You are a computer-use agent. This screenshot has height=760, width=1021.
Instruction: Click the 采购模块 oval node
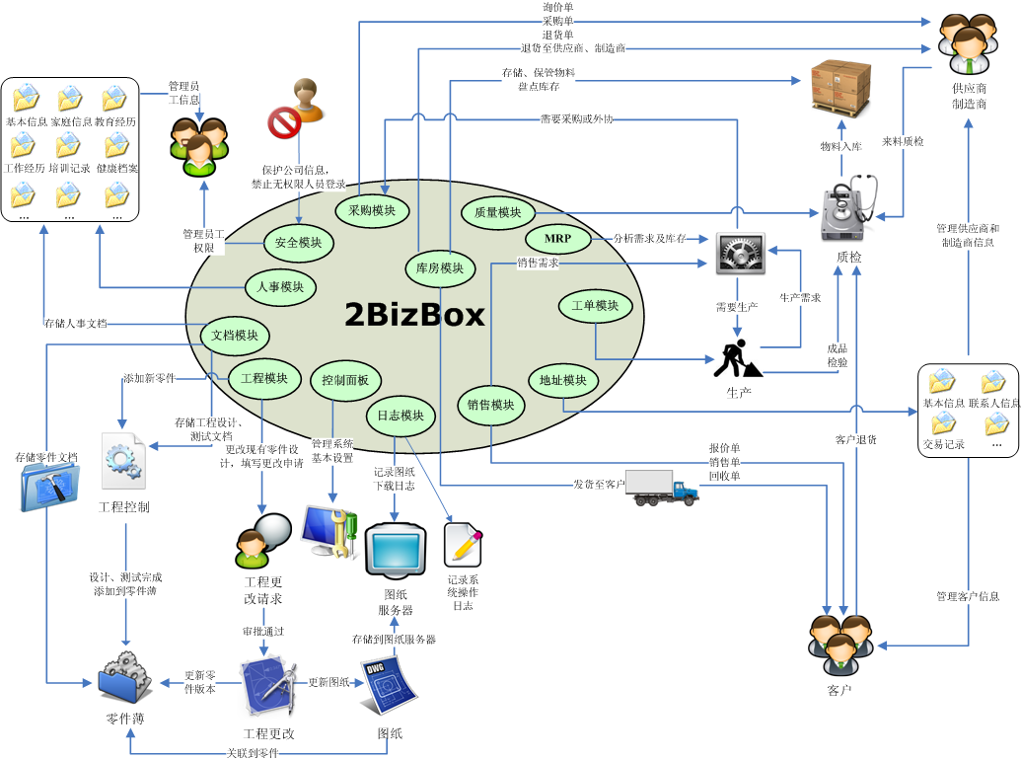[x=372, y=210]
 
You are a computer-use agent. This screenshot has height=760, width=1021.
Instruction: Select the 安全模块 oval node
[x=298, y=243]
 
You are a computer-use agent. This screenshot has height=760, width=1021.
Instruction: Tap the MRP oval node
[x=557, y=239]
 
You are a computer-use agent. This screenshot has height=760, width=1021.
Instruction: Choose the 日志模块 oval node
[x=401, y=417]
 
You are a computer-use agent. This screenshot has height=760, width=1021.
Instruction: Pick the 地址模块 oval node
[x=562, y=380]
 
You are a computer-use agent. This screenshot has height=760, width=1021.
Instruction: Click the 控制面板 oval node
[x=345, y=380]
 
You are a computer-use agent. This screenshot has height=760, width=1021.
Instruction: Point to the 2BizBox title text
[x=414, y=315]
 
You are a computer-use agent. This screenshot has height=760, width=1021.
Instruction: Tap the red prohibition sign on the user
[x=284, y=123]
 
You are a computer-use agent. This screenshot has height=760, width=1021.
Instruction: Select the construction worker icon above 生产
[x=736, y=360]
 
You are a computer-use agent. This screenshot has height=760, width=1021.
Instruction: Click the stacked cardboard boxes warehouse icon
[x=840, y=88]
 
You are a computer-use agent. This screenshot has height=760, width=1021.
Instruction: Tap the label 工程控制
[x=124, y=507]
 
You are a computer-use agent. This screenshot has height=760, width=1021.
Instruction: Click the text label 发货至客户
[x=599, y=484]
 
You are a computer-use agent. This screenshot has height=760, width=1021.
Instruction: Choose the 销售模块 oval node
[x=489, y=405]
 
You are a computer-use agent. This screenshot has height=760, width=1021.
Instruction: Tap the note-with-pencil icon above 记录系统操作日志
[x=463, y=544]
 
